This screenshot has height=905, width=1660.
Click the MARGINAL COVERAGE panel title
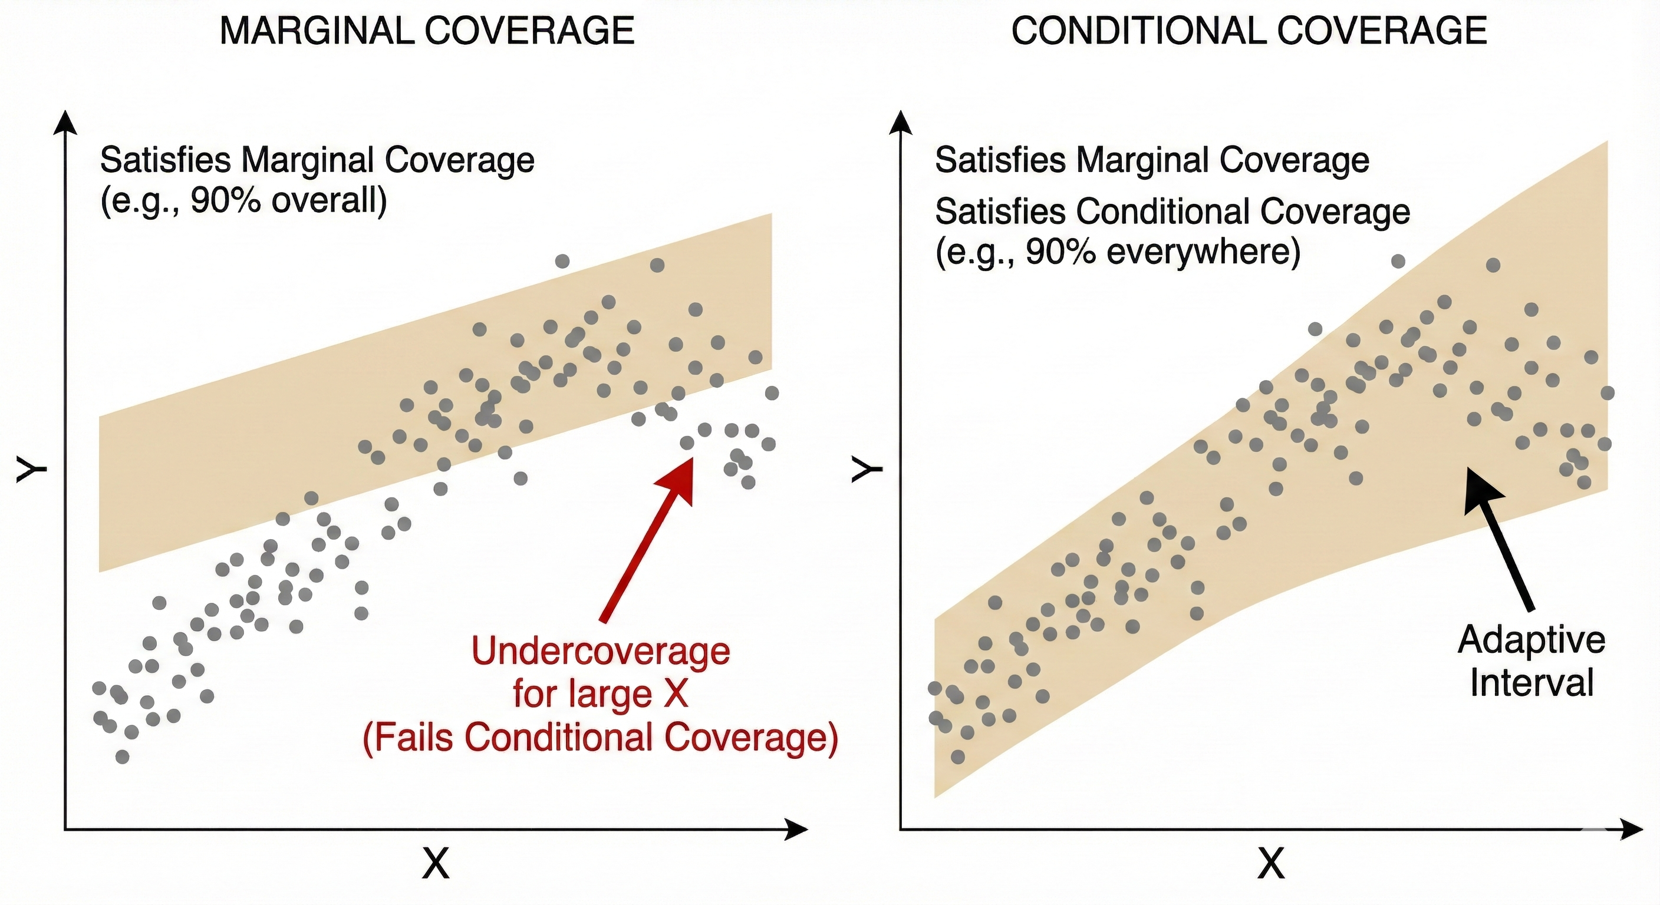tap(427, 30)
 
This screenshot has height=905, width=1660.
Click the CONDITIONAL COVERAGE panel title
tap(1249, 30)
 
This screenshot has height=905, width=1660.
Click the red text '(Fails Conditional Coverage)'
tap(601, 738)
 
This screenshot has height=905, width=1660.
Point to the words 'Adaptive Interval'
tap(1531, 661)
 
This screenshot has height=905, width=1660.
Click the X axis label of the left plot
tap(436, 863)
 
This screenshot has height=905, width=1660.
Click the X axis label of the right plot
tap(1271, 863)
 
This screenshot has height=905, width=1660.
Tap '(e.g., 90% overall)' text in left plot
tap(243, 202)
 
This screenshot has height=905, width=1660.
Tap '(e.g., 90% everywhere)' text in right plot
tap(1118, 252)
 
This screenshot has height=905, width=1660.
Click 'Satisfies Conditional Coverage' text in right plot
tap(1172, 212)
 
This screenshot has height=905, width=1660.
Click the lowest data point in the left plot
tap(123, 756)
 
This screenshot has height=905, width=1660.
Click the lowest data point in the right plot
tap(957, 756)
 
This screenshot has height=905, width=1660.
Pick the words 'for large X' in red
tap(601, 695)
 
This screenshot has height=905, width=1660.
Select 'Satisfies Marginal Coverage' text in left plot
tap(317, 160)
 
